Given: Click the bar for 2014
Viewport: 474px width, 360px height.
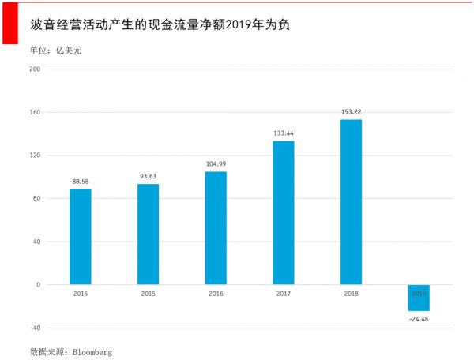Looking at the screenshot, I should point(81,237).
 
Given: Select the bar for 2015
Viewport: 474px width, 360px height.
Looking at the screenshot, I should point(148,234).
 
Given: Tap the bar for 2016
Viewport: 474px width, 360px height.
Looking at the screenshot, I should point(216,228).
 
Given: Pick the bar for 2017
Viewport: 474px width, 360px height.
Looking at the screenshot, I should point(284,212).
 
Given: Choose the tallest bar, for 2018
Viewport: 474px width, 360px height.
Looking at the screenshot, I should point(351,202).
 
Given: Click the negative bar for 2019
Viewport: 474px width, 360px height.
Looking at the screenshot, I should point(419,298).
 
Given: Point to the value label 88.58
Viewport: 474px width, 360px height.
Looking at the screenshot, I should point(81,182).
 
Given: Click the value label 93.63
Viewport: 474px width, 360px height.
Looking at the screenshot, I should point(148,176).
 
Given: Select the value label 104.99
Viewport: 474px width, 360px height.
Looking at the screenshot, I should point(216,163).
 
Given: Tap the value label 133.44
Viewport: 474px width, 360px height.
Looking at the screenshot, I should point(284,133).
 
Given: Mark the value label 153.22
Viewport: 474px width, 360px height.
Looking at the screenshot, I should point(351,111).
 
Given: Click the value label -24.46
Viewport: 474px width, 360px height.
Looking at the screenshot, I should point(419,319).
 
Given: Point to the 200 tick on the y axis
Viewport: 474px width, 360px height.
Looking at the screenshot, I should point(34,69).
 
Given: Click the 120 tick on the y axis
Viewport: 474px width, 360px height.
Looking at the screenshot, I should point(34,155).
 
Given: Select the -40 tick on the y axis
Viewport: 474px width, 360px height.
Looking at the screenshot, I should point(34,328).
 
